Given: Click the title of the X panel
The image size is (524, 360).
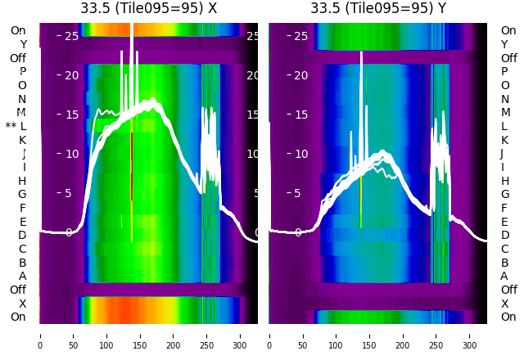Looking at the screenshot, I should tap(148, 8).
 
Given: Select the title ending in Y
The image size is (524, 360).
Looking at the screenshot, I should tap(378, 8).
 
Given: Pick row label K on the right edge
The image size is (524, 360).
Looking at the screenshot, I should tap(504, 140).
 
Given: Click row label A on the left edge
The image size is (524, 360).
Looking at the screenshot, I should tap(23, 276).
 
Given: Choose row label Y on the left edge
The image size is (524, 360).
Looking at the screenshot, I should tap(23, 44).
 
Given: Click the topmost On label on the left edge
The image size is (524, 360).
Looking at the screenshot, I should tap(18, 30).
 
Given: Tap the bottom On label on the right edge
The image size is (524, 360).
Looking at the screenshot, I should tap(508, 317).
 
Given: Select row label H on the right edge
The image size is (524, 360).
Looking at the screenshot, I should tap(505, 181).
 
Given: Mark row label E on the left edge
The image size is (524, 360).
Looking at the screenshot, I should tap(23, 222).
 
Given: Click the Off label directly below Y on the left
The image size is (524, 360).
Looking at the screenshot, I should tap(18, 58).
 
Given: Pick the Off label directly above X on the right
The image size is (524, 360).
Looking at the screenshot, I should tap(508, 290).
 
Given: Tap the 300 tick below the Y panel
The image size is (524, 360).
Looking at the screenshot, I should tap(470, 335).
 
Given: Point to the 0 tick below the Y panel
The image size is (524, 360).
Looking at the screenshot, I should tap(269, 335).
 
